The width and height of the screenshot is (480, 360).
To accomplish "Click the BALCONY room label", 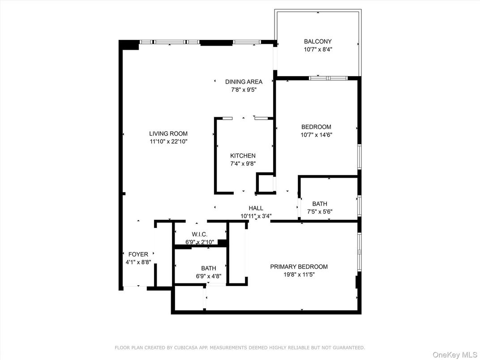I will coord(317,42).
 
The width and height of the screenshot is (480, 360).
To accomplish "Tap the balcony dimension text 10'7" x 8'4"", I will coord(317,50).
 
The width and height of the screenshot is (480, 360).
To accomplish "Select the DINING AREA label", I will coord(244,82).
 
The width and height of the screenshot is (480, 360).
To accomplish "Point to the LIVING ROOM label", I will coord(168,133).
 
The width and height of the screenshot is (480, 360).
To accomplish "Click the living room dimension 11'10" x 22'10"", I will coord(168,141).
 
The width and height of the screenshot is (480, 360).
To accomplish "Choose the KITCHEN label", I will coord(243,156).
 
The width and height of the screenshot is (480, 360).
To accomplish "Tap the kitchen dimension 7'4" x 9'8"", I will coord(243,164).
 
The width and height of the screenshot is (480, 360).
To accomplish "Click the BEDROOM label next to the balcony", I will coord(316,127).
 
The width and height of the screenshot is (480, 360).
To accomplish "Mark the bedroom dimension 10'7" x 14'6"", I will coord(316,135).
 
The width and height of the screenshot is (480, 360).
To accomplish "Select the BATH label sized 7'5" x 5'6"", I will coord(320,204).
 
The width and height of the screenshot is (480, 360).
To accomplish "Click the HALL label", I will coord(256,208).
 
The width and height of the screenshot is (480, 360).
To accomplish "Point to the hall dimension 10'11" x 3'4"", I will coord(256,216).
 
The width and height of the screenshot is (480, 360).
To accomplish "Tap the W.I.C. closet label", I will coord(199,234).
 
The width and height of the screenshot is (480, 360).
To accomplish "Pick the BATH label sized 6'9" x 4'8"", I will coord(209,268).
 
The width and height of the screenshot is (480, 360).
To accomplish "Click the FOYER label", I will coord(138,254).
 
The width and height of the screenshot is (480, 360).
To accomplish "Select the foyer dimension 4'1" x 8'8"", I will coord(138,262).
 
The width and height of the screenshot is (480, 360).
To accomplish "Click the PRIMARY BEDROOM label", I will coord(299,267).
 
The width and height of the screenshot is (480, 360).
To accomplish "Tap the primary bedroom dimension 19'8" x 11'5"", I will coord(299,275).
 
